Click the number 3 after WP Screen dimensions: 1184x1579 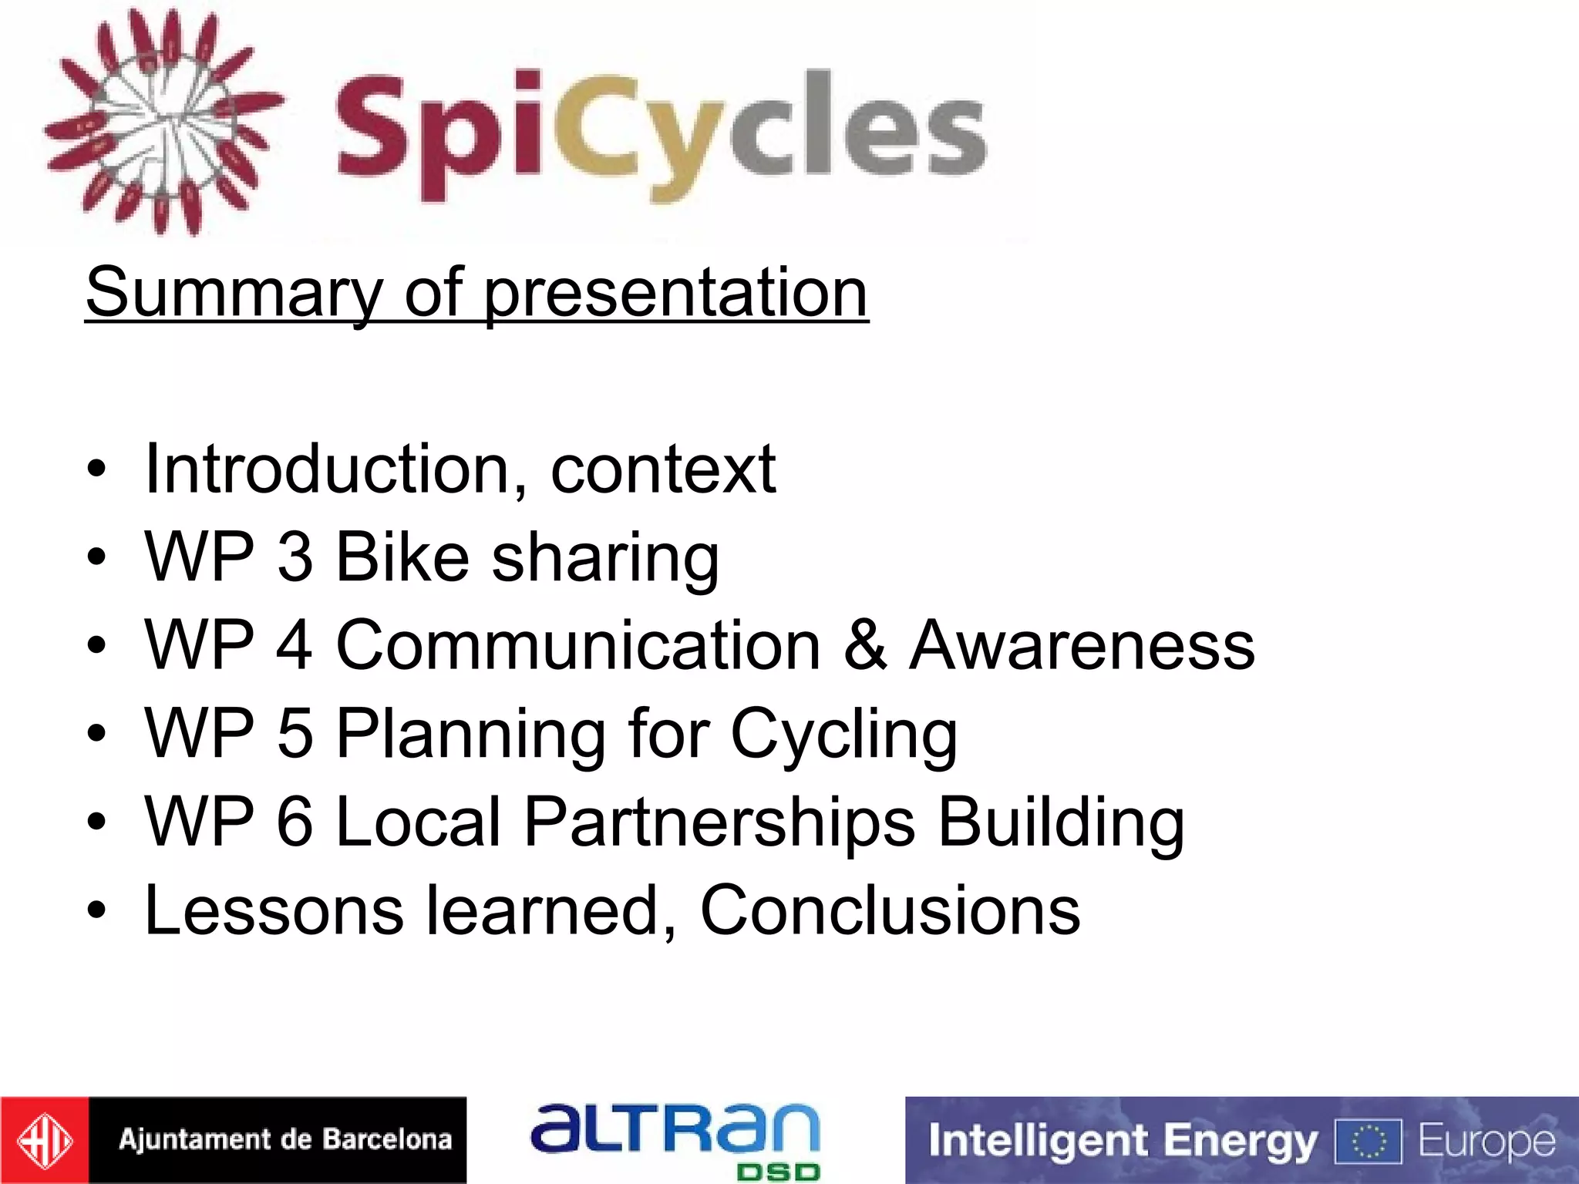(x=295, y=557)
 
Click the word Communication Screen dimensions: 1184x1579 (x=578, y=645)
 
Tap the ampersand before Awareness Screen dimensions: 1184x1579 (x=864, y=645)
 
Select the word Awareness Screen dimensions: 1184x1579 (x=1082, y=645)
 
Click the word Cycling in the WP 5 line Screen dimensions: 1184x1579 (x=843, y=734)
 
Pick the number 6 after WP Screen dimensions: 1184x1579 (x=295, y=822)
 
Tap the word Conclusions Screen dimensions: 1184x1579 (x=890, y=910)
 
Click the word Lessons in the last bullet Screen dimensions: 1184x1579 (x=274, y=910)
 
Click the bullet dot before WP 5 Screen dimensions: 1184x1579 (x=96, y=734)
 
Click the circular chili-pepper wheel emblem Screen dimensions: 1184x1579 (x=163, y=122)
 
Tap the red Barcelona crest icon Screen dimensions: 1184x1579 (x=44, y=1140)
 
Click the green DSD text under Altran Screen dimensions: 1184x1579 (x=778, y=1172)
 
